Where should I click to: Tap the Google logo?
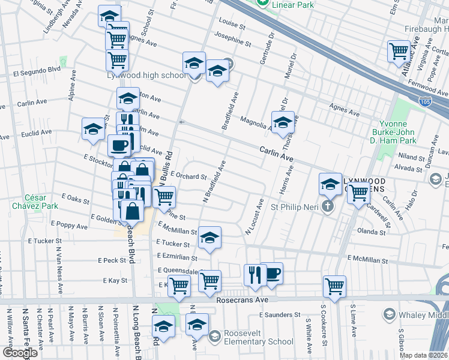(x=20, y=353)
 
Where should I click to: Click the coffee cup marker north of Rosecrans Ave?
(x=273, y=274)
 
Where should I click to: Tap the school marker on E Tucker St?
(x=209, y=238)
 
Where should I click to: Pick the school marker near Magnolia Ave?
(x=283, y=122)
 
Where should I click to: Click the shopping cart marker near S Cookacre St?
(x=334, y=286)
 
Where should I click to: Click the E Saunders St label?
(x=279, y=314)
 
